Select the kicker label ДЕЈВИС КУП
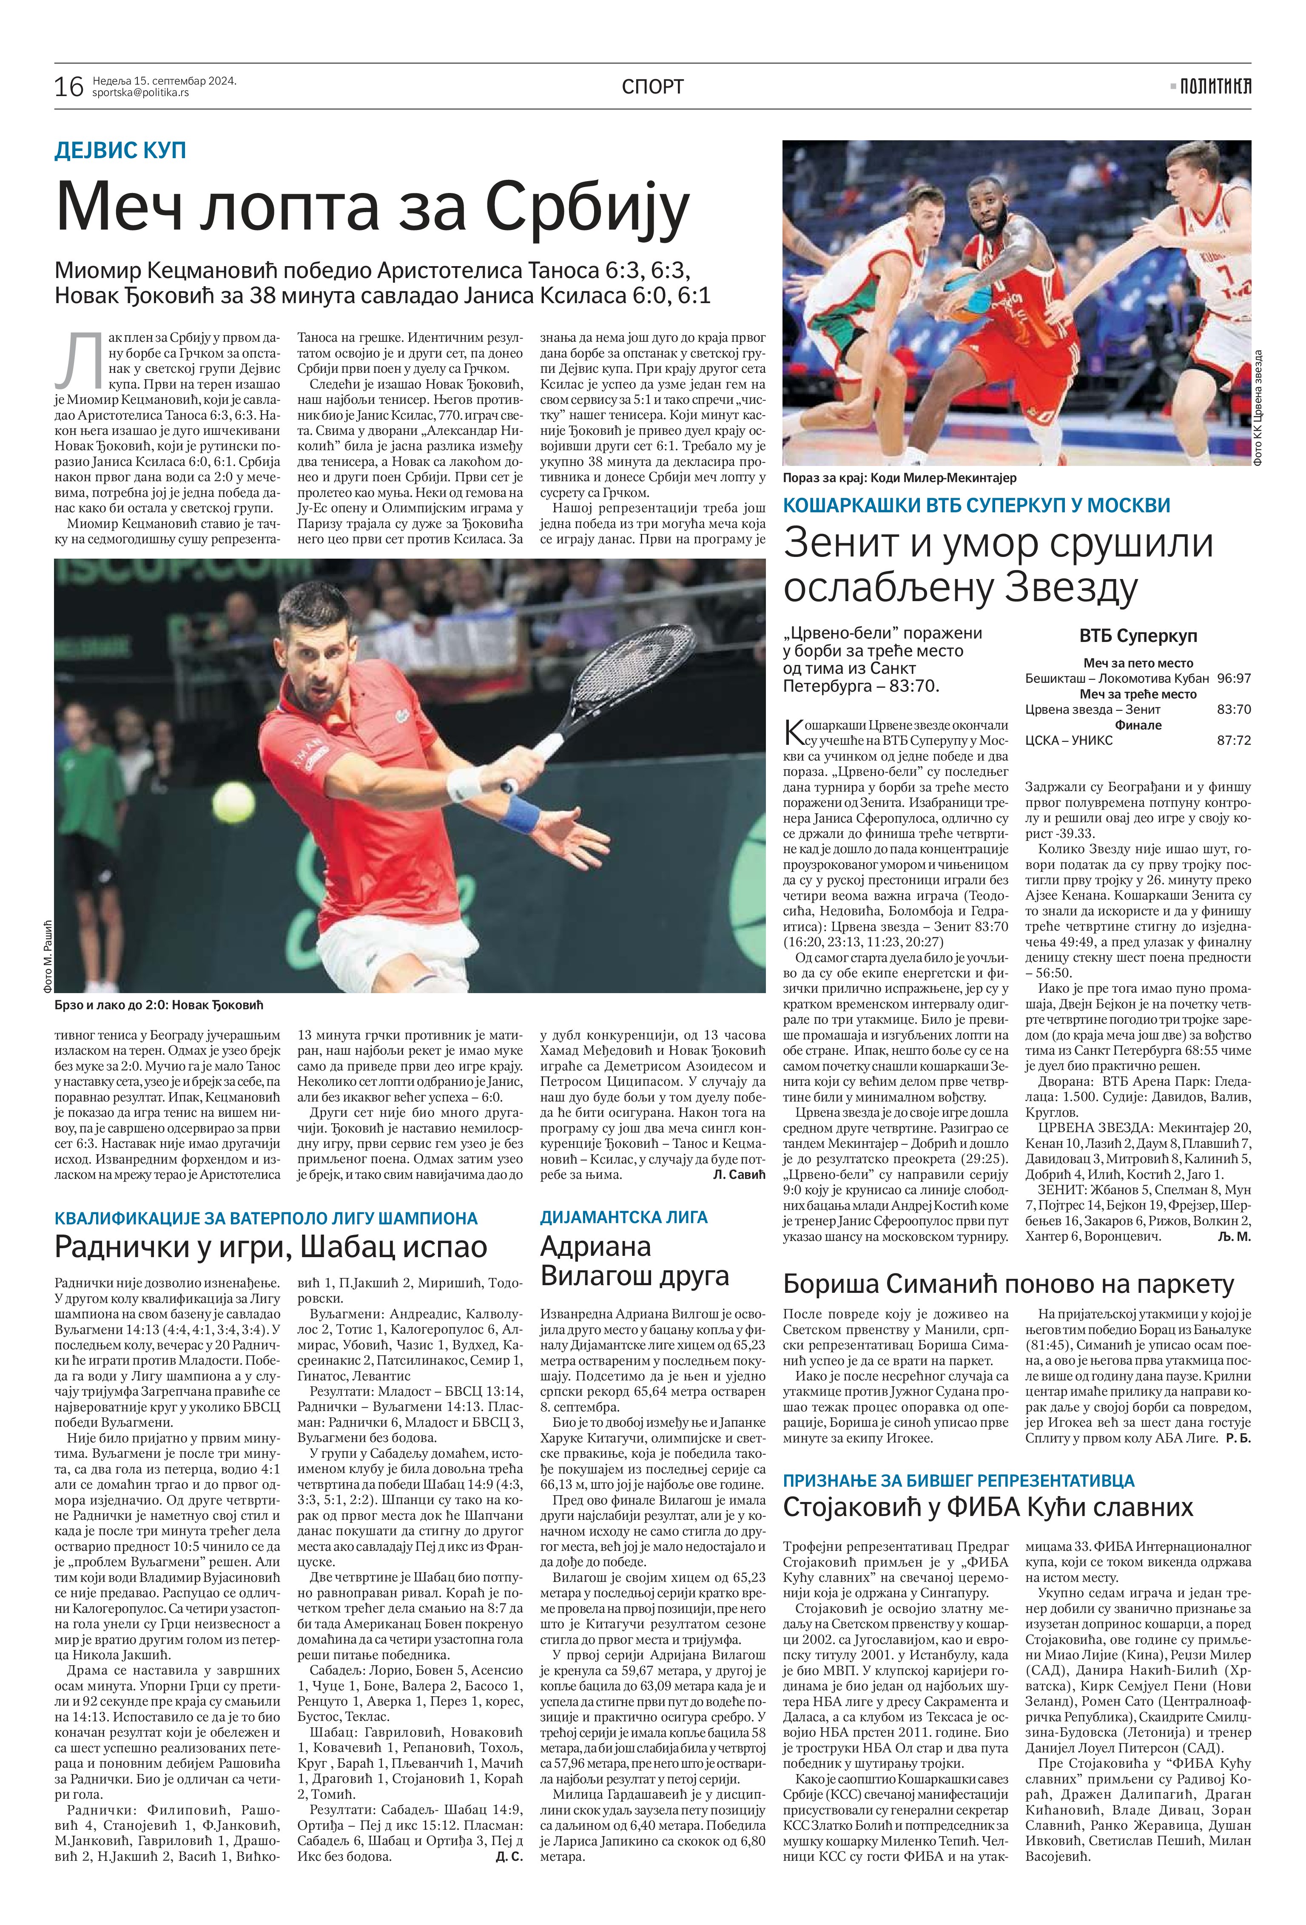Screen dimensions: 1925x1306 pos(120,151)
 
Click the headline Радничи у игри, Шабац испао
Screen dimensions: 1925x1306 pos(270,1246)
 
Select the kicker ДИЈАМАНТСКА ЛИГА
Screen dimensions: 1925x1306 pos(624,1217)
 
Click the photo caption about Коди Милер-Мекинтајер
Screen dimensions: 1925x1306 pos(899,478)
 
